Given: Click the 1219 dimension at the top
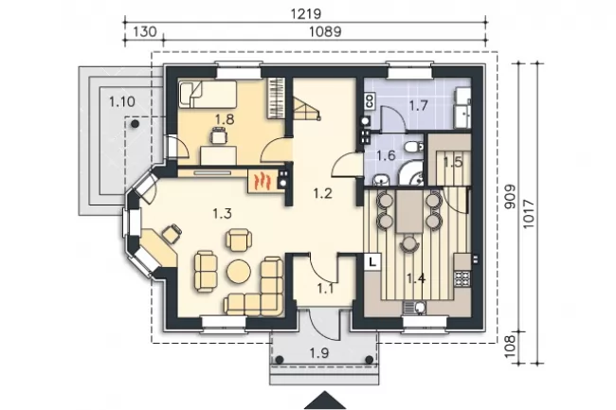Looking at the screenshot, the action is tap(306, 14).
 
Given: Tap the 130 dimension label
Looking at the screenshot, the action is tap(145, 31).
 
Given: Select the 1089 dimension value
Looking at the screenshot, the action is tap(325, 31).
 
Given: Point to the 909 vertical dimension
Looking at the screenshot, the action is tap(511, 197).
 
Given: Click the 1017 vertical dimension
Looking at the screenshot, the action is tap(529, 214).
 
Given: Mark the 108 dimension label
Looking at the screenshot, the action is tap(510, 346).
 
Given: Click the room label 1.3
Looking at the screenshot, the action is tap(223, 214).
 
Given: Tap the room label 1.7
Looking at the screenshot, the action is tap(418, 105).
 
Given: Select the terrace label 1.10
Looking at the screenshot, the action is tap(122, 102).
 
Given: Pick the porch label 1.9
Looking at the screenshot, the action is tap(319, 353).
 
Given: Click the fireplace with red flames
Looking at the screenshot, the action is tap(262, 181).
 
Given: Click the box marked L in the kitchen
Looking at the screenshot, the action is tap(372, 261).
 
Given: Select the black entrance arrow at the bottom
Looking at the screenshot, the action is tap(325, 401).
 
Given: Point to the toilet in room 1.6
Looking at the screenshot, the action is tap(414, 147).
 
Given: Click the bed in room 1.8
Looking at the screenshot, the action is tap(208, 94).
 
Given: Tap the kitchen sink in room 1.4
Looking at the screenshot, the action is tap(414, 308).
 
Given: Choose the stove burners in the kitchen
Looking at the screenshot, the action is tap(462, 278).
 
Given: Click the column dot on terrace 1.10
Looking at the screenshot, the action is tap(135, 124).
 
